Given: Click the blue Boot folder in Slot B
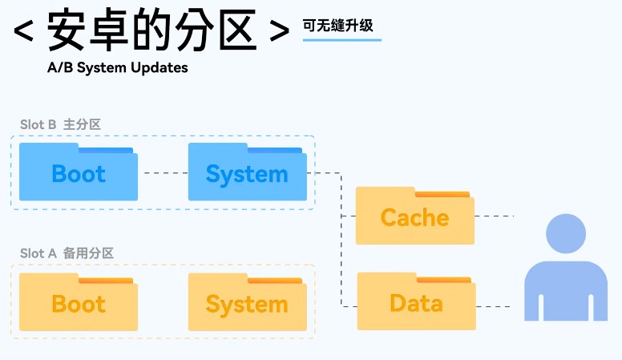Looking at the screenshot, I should click(79, 172).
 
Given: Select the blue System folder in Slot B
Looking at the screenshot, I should click(247, 172).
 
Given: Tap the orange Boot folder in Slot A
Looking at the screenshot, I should click(79, 302).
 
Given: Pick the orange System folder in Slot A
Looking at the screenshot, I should click(247, 302).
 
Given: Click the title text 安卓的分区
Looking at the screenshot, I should click(152, 31).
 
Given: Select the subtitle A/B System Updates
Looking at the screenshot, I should click(117, 67).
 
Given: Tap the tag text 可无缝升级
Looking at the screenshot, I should click(337, 25).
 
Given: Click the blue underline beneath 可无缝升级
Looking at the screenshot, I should click(341, 39).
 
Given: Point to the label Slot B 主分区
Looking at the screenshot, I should click(60, 124).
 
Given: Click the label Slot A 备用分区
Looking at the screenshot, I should click(67, 253).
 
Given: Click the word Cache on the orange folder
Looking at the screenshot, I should click(414, 218).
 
